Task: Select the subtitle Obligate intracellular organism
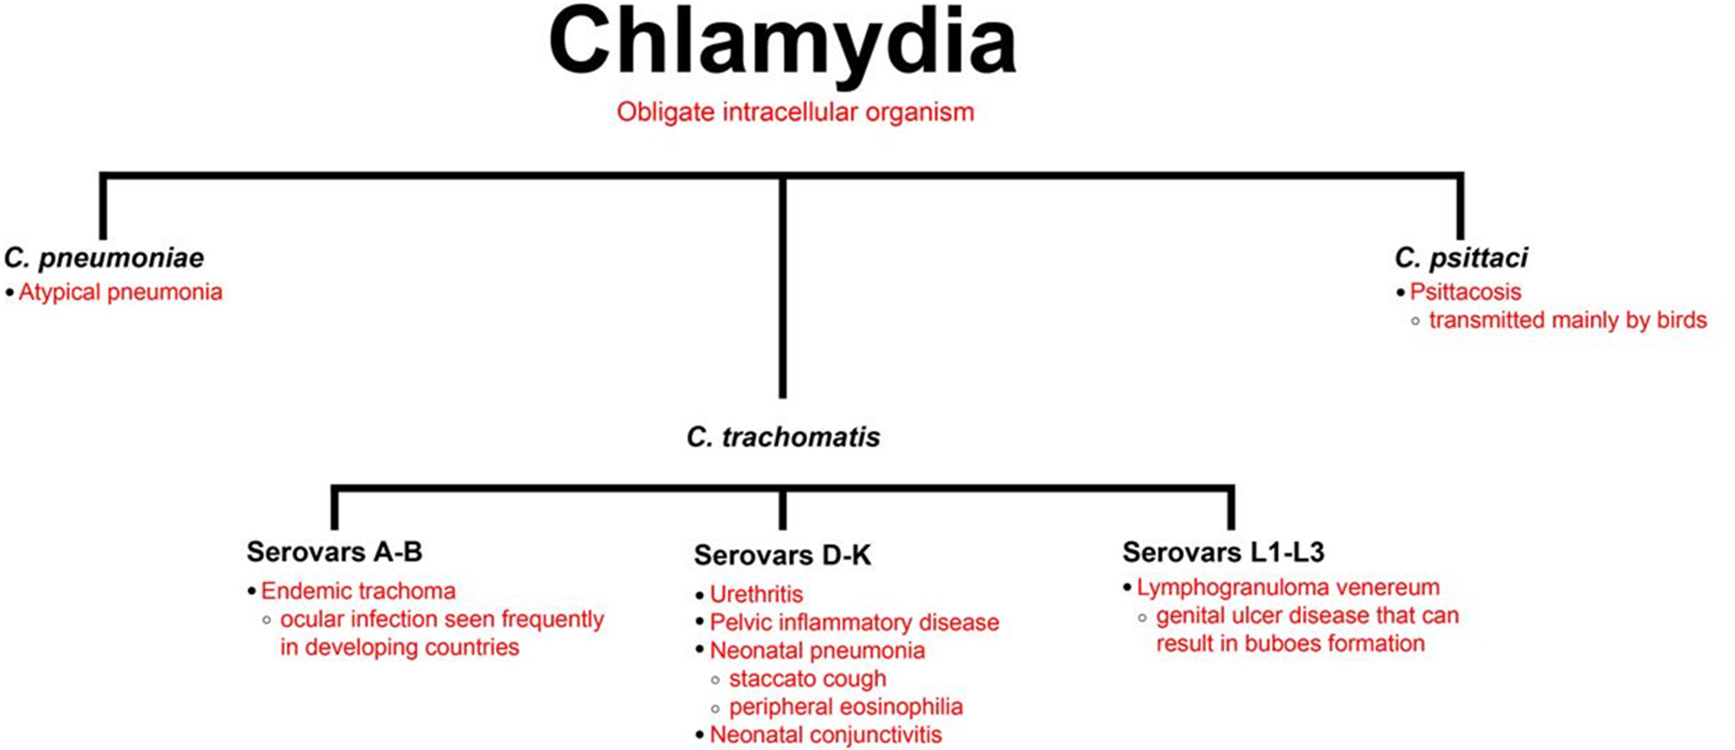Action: pyautogui.click(x=795, y=112)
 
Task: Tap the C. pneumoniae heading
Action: pyautogui.click(x=104, y=258)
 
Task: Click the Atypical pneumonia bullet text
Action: pyautogui.click(x=121, y=292)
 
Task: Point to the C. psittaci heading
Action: pyautogui.click(x=1460, y=258)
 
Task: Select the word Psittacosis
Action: pyautogui.click(x=1465, y=292)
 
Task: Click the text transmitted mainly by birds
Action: pyautogui.click(x=1567, y=321)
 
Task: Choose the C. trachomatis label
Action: pyautogui.click(x=783, y=437)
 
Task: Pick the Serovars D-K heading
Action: pyautogui.click(x=782, y=556)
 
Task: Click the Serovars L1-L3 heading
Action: pyautogui.click(x=1223, y=552)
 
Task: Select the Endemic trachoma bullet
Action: pyautogui.click(x=358, y=592)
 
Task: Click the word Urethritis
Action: pyautogui.click(x=756, y=594)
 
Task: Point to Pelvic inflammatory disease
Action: pyautogui.click(x=854, y=622)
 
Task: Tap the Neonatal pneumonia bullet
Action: pyautogui.click(x=816, y=651)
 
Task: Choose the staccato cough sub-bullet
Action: pyautogui.click(x=807, y=679)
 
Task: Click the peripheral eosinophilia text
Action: pyautogui.click(x=845, y=707)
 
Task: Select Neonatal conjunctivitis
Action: pyautogui.click(x=825, y=735)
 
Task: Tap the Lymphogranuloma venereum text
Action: pyautogui.click(x=1288, y=588)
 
